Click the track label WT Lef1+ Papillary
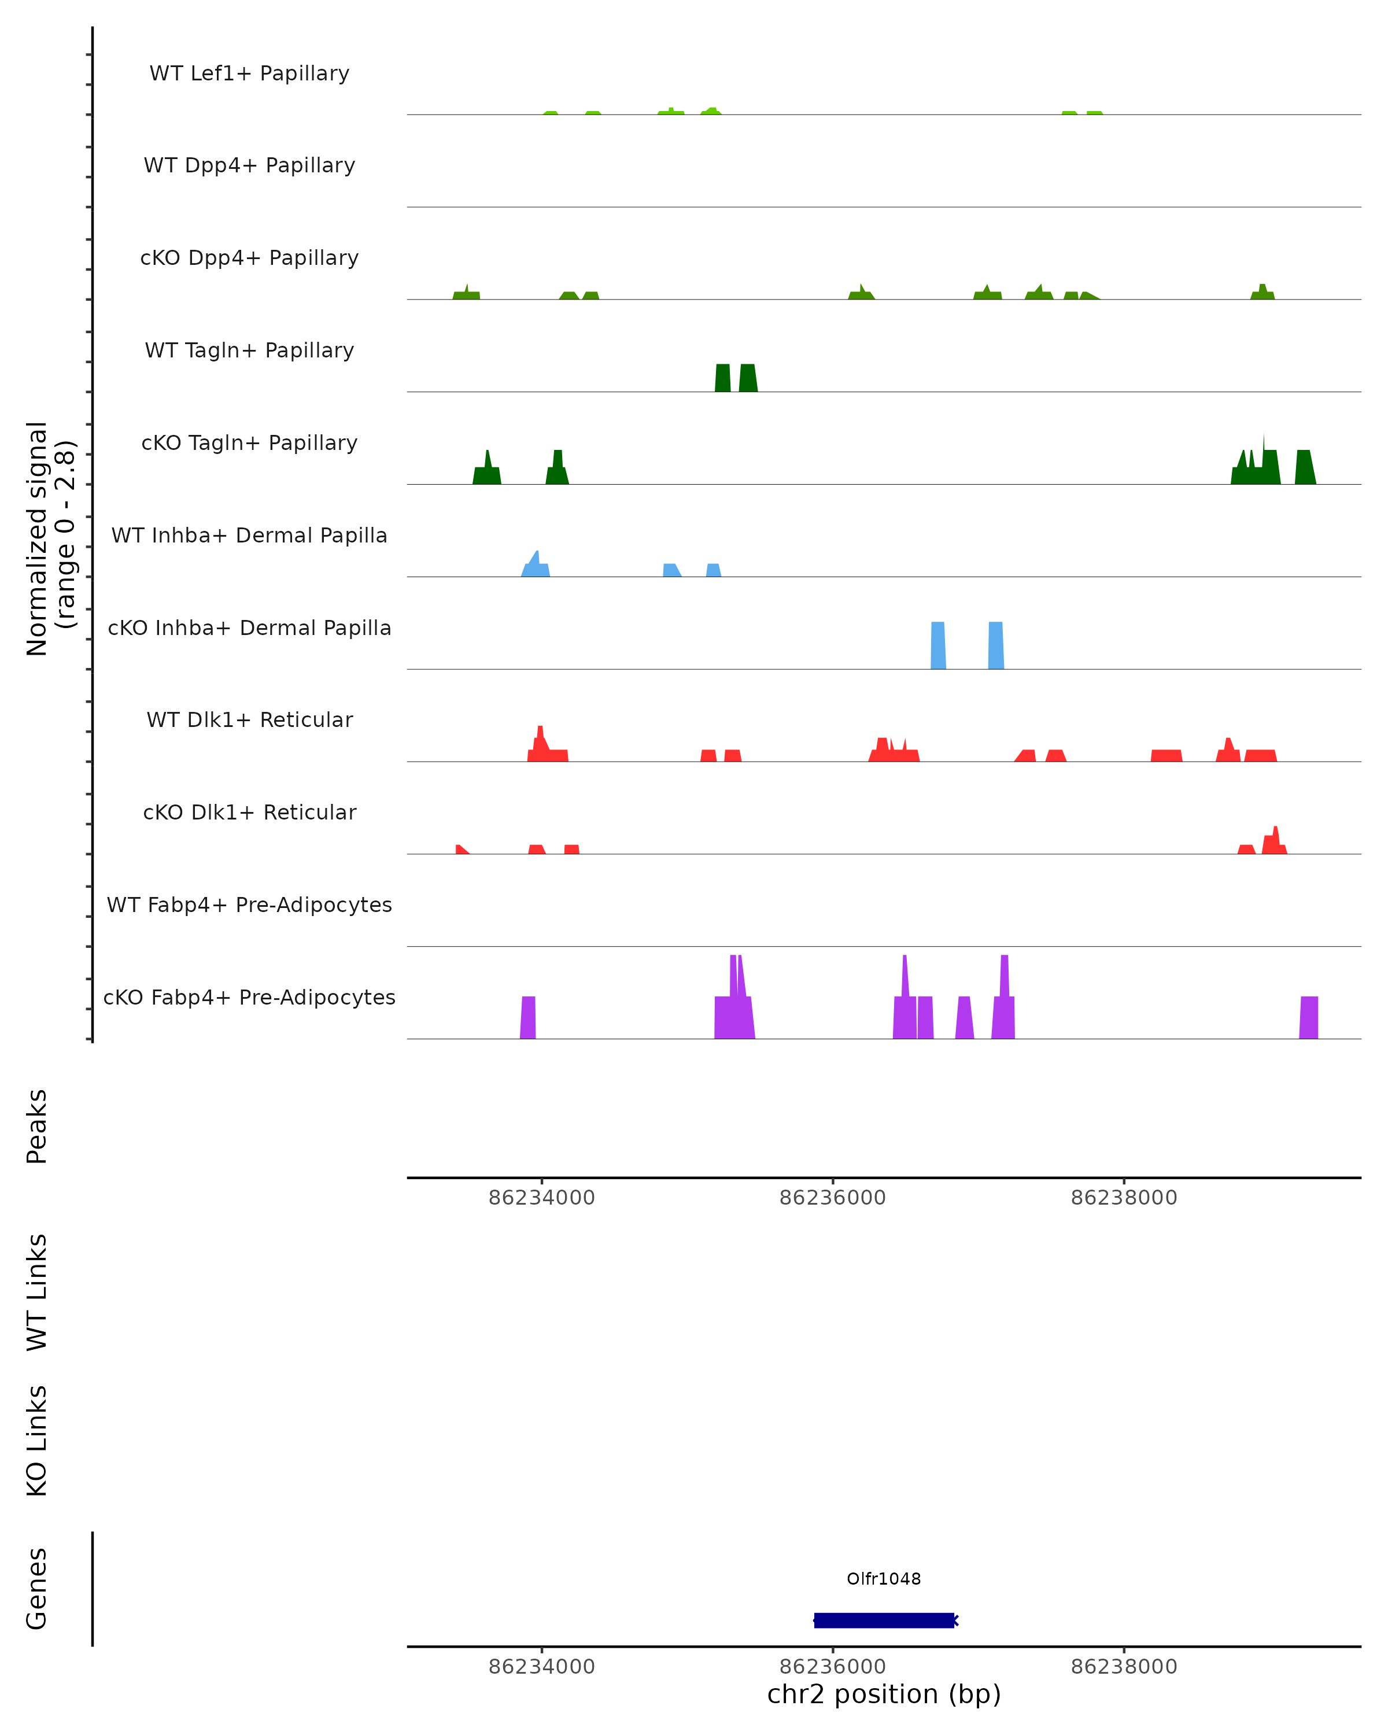coord(249,73)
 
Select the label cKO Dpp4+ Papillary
coord(249,259)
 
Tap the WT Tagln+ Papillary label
coord(249,351)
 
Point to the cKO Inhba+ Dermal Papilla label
coord(249,629)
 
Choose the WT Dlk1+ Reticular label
coord(249,720)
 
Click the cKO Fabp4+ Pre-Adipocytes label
coord(249,998)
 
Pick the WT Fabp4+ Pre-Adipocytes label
coord(249,905)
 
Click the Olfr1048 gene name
coord(884,1579)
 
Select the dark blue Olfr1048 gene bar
coord(884,1620)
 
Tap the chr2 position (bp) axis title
coord(884,1694)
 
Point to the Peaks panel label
coord(37,1126)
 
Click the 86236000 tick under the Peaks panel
coord(832,1198)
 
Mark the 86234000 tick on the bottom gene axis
coord(541,1667)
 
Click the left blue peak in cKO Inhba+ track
coord(938,645)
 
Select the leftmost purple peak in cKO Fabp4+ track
coord(528,1018)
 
